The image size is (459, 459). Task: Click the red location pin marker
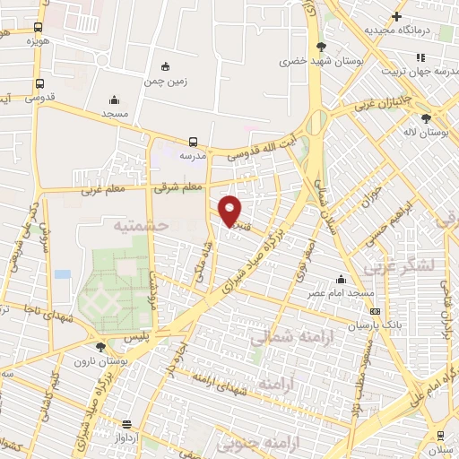click(x=230, y=211)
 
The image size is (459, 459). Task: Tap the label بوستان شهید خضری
click(x=321, y=62)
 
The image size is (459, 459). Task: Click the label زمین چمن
click(x=164, y=81)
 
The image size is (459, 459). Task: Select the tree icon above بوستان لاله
click(x=426, y=118)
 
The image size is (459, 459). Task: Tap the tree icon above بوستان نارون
click(x=100, y=346)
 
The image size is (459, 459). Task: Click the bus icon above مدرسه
click(x=193, y=142)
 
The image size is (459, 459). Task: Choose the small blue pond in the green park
click(x=62, y=273)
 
